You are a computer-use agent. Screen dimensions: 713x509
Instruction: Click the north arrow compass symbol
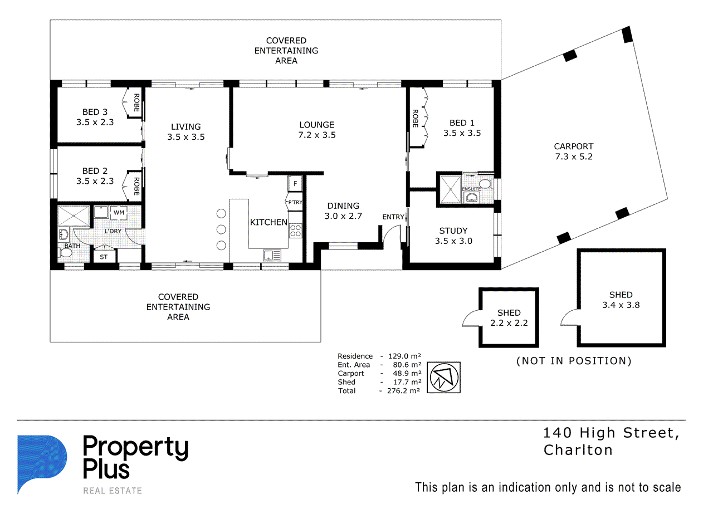point(444,378)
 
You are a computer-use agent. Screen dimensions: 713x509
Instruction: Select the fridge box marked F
point(295,183)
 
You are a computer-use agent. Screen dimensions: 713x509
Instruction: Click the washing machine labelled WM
point(119,213)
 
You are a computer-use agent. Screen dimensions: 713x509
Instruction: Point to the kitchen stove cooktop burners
point(296,231)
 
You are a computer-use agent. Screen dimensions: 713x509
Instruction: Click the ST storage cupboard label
point(104,257)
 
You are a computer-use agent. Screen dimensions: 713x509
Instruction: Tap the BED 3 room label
point(95,112)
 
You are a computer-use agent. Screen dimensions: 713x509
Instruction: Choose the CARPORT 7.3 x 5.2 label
point(574,151)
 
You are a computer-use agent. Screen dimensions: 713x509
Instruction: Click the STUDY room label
point(453,231)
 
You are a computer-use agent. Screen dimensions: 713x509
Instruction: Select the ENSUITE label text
point(471,189)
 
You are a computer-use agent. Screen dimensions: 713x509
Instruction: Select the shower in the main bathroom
point(74,216)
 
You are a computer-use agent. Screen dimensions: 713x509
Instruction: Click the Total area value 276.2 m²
point(403,390)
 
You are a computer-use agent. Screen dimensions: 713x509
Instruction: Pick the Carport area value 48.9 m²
point(407,373)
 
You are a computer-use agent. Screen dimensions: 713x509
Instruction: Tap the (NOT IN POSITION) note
point(574,361)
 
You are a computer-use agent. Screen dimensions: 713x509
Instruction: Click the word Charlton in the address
point(578,450)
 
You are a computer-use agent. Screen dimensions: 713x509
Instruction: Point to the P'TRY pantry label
point(295,202)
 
